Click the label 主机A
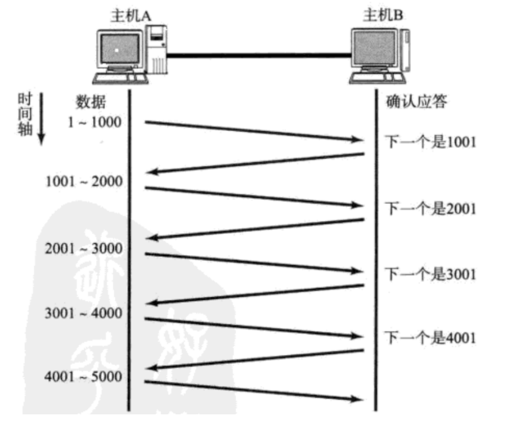pyautogui.click(x=131, y=16)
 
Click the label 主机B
pyautogui.click(x=383, y=16)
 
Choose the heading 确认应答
pyautogui.click(x=416, y=102)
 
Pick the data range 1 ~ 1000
pyautogui.click(x=95, y=122)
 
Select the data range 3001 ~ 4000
pyautogui.click(x=84, y=313)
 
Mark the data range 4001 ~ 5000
pyautogui.click(x=83, y=376)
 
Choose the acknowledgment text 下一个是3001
pyautogui.click(x=431, y=274)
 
